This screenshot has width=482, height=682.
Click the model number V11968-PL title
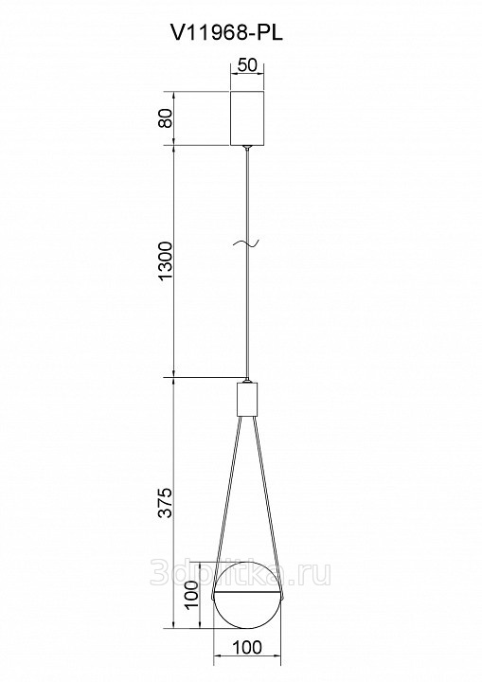tap(227, 33)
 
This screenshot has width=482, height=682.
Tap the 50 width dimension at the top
tap(247, 65)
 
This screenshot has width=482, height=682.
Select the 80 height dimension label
tap(166, 117)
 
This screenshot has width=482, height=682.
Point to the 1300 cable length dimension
tap(166, 261)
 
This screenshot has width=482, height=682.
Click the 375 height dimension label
tap(166, 503)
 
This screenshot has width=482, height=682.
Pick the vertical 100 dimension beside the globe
tap(191, 595)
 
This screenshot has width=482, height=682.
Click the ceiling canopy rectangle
tap(247, 117)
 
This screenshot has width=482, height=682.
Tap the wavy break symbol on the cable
tap(246, 243)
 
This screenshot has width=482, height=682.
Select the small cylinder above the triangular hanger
tap(247, 400)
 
